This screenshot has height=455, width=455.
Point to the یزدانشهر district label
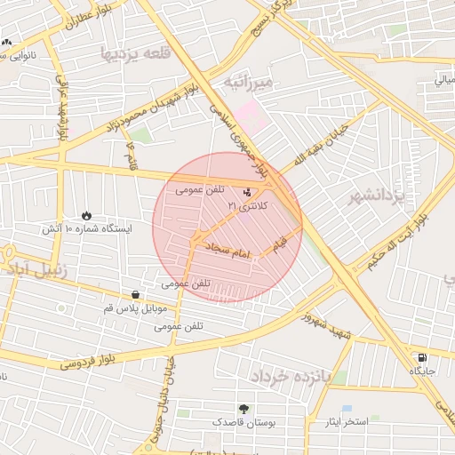(x=377, y=195)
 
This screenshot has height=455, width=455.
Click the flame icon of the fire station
(x=86, y=215)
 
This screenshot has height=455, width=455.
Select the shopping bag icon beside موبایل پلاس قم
(x=134, y=294)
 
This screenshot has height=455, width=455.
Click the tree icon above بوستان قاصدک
(x=243, y=409)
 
